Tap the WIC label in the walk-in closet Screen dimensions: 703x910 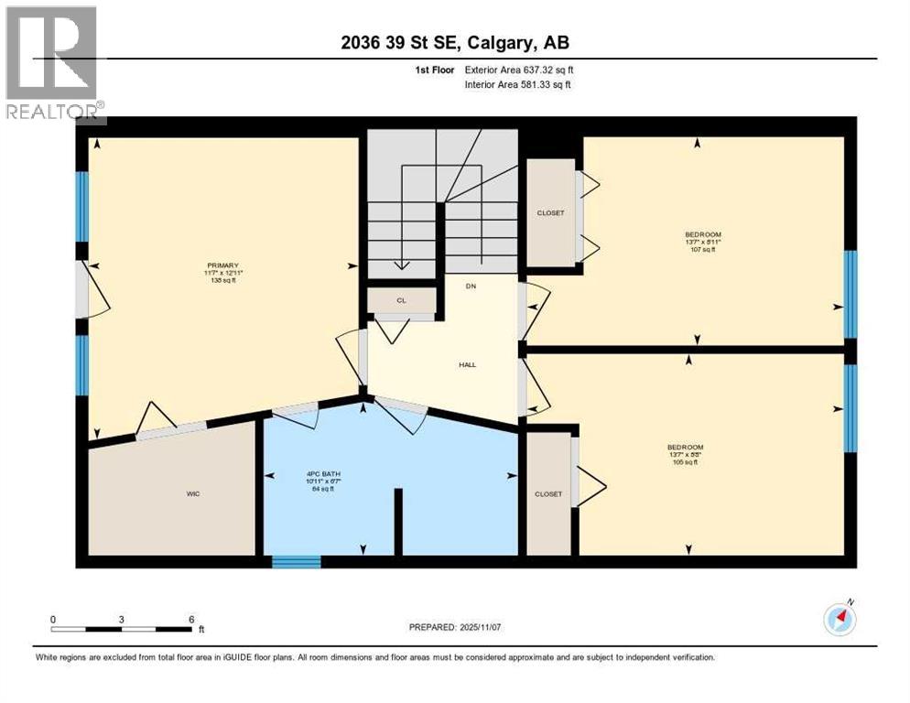tap(193, 493)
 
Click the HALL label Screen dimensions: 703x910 tap(467, 364)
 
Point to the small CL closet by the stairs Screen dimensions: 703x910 tap(401, 299)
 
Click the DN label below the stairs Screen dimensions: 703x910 tap(471, 287)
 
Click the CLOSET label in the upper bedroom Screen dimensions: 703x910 tap(549, 213)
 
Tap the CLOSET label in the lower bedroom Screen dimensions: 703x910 tap(547, 493)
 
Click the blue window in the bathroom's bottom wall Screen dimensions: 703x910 tap(297, 561)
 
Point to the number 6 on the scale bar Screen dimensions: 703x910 tap(190, 619)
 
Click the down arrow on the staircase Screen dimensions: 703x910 tap(401, 264)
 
